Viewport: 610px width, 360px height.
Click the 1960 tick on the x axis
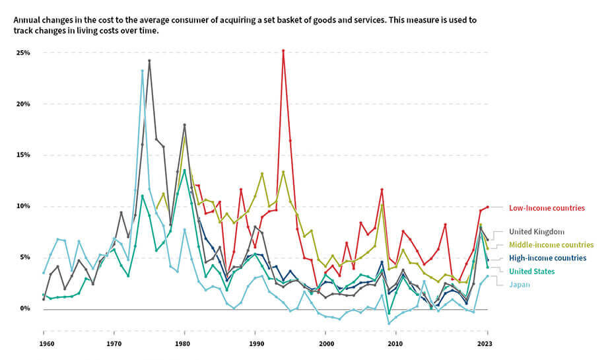[44, 344]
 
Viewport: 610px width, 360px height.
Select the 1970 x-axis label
[114, 344]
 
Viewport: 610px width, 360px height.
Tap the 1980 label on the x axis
[185, 344]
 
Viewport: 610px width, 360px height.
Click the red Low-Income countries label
[546, 208]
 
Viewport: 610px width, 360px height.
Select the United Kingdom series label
[536, 232]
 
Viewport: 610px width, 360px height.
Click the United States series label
[531, 271]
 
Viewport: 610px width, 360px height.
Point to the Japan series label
[519, 285]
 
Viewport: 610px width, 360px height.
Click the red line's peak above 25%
[283, 50]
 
